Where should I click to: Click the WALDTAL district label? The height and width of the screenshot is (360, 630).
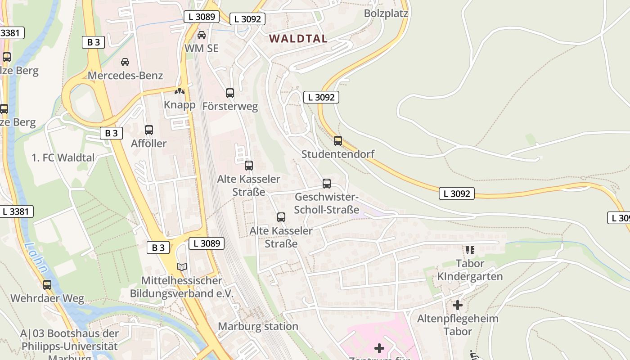298,39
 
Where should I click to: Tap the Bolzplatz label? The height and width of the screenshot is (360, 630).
386,13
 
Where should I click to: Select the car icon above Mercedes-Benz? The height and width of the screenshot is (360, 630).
125,62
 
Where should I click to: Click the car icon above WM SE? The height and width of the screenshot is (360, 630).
202,35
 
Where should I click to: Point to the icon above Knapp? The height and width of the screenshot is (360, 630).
180,91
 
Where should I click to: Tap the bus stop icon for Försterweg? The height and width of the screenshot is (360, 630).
230,93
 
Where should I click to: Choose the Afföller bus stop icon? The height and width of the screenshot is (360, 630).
148,130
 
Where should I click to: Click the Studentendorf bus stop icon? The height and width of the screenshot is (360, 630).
338,141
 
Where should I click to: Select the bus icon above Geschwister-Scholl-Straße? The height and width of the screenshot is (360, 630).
327,184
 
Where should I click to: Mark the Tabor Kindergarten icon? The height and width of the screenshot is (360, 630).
470,250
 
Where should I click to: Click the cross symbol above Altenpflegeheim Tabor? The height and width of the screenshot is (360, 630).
458,306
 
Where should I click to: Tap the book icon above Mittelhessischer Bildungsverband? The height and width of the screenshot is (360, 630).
182,267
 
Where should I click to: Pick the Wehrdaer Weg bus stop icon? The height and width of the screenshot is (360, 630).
47,285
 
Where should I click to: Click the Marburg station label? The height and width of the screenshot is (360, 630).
258,326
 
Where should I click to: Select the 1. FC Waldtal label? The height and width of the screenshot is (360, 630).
63,157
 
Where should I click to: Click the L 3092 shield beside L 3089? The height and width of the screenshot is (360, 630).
247,19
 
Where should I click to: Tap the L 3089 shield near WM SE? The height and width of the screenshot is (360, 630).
201,17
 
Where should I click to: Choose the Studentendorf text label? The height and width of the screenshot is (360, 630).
337,154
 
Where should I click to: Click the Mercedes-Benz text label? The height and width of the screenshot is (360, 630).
125,75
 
